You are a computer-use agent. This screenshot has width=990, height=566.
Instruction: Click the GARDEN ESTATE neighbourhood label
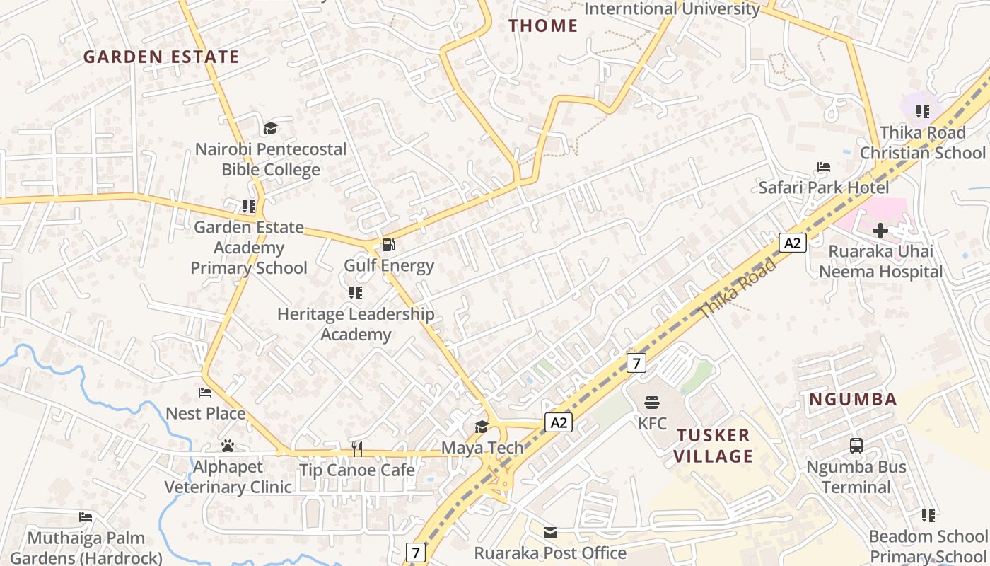click(x=161, y=57)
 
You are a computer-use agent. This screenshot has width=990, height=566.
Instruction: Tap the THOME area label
click(x=543, y=26)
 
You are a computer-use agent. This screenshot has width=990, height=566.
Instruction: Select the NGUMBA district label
click(x=853, y=399)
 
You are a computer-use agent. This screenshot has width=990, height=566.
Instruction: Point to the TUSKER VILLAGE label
click(x=713, y=446)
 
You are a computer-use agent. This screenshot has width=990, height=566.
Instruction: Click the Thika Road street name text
click(x=738, y=289)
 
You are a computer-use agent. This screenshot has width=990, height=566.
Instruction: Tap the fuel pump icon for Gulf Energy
click(x=388, y=246)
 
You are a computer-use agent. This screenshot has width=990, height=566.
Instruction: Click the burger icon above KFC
click(x=652, y=403)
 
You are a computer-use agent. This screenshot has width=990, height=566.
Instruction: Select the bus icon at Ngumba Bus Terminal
click(x=856, y=446)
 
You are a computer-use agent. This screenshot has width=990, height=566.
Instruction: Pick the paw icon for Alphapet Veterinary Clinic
click(x=227, y=446)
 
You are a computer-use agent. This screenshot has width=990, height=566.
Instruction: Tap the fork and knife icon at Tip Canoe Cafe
click(x=357, y=449)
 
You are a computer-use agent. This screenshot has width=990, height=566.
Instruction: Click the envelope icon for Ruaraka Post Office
click(x=550, y=532)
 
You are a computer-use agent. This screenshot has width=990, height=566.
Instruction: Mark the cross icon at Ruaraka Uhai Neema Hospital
click(x=880, y=230)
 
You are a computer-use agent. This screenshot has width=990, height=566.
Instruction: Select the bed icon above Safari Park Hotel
click(x=824, y=167)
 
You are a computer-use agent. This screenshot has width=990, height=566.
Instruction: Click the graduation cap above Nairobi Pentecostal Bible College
click(x=270, y=128)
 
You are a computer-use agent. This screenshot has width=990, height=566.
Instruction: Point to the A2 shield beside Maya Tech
click(x=558, y=423)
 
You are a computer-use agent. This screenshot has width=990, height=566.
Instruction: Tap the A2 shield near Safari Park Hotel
click(x=793, y=243)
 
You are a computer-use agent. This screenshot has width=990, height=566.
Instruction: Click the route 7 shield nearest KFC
click(x=636, y=364)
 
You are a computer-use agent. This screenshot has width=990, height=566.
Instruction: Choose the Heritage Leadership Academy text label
click(x=356, y=324)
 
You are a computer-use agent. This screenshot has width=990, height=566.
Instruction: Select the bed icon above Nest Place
click(x=205, y=392)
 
